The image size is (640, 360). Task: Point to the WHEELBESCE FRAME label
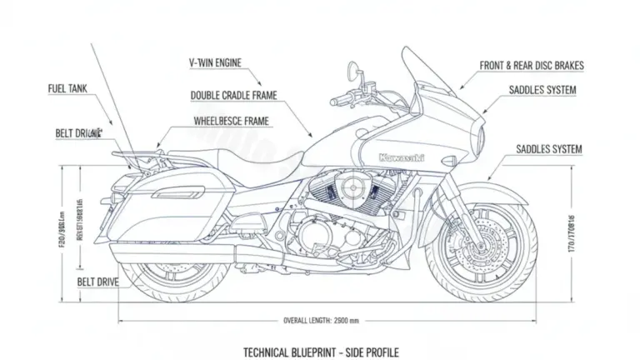click(232, 121)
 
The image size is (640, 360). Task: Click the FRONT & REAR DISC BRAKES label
click(532, 65)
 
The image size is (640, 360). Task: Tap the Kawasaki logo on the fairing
click(401, 157)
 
